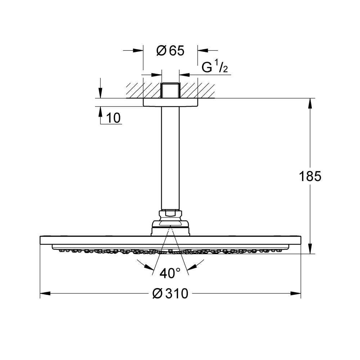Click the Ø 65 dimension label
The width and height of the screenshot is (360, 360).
click(170, 51)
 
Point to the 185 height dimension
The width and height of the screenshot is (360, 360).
click(310, 176)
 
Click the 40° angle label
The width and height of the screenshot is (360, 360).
click(170, 274)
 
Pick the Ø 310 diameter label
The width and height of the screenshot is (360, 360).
click(170, 294)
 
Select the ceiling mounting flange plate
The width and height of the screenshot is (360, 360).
click(170, 102)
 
